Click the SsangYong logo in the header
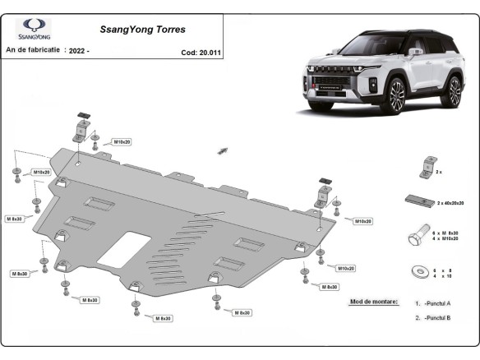tap(36, 29)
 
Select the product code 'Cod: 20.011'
tap(200, 52)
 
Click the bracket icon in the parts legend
tap(427, 166)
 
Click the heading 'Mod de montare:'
tap(373, 302)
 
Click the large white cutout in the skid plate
tap(122, 248)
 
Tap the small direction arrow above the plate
tap(222, 150)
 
